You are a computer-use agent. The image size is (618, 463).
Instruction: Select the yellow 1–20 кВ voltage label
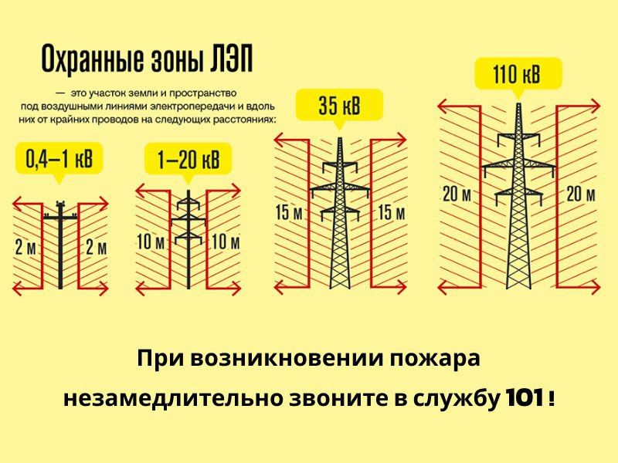[x=188, y=160]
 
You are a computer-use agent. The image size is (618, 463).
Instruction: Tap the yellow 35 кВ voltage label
[x=339, y=106]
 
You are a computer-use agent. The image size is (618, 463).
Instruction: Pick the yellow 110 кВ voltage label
[x=518, y=74]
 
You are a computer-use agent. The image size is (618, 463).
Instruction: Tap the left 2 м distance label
[x=25, y=247]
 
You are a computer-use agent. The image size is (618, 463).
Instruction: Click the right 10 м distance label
[x=226, y=242]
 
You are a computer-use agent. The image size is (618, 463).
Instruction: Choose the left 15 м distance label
[x=289, y=213]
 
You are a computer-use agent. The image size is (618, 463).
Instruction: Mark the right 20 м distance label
[x=581, y=194]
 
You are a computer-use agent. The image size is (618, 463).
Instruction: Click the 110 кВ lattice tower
[x=518, y=196]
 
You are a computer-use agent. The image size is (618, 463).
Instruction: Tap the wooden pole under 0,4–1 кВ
[x=60, y=244]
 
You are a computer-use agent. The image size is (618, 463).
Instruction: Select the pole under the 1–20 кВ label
[x=188, y=239]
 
